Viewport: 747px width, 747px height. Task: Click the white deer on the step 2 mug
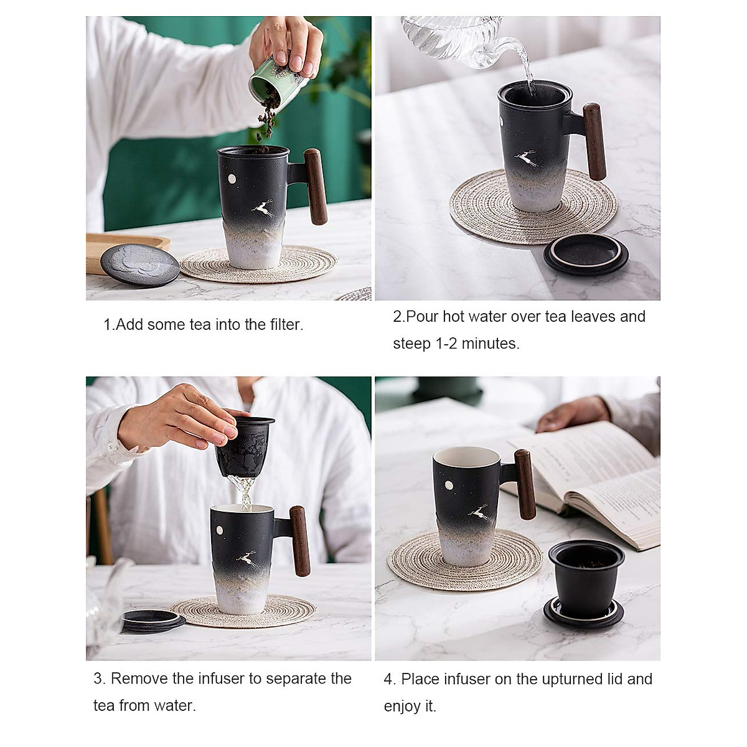coord(527,159)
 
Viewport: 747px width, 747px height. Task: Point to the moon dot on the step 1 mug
coord(232,180)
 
